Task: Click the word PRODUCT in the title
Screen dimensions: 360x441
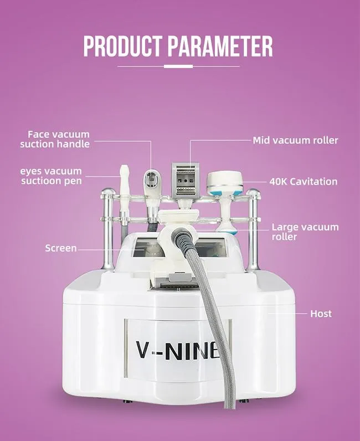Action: pyautogui.click(x=123, y=46)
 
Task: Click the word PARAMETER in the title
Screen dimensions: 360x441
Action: pyautogui.click(x=220, y=46)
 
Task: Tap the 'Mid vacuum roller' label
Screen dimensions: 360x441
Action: pyautogui.click(x=295, y=140)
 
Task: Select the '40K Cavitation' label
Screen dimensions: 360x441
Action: pyautogui.click(x=304, y=181)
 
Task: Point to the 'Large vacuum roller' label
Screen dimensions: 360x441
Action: pyautogui.click(x=305, y=232)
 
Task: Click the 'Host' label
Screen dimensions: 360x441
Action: pyautogui.click(x=321, y=314)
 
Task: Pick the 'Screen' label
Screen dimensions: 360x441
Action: pyautogui.click(x=61, y=248)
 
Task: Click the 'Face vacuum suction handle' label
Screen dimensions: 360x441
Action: pyautogui.click(x=55, y=139)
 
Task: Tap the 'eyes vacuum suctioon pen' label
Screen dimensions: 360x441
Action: pyautogui.click(x=51, y=176)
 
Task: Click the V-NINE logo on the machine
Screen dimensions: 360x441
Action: pyautogui.click(x=178, y=351)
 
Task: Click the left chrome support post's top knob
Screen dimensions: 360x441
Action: pyautogui.click(x=108, y=192)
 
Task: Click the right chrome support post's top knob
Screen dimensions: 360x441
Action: pyautogui.click(x=253, y=192)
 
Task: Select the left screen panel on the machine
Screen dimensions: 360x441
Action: pyautogui.click(x=146, y=247)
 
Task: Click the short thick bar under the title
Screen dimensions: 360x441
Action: pyautogui.click(x=178, y=66)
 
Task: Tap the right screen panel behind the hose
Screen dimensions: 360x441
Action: pyautogui.click(x=211, y=247)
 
